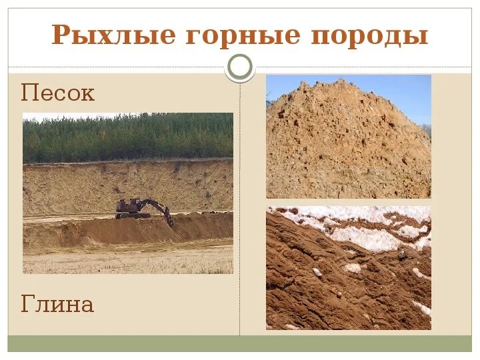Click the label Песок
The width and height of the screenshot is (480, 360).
point(58,93)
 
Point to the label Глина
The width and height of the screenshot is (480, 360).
point(57,305)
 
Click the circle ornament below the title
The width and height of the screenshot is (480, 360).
point(240,67)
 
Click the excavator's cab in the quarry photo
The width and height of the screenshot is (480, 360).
point(126,204)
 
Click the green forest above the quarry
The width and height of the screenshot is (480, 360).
point(127,137)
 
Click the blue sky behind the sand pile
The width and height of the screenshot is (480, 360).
point(400,93)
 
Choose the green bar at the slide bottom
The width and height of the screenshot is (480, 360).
point(240,343)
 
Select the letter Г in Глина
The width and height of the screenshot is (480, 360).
point(28,305)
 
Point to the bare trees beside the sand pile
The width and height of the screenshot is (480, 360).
point(426,129)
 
